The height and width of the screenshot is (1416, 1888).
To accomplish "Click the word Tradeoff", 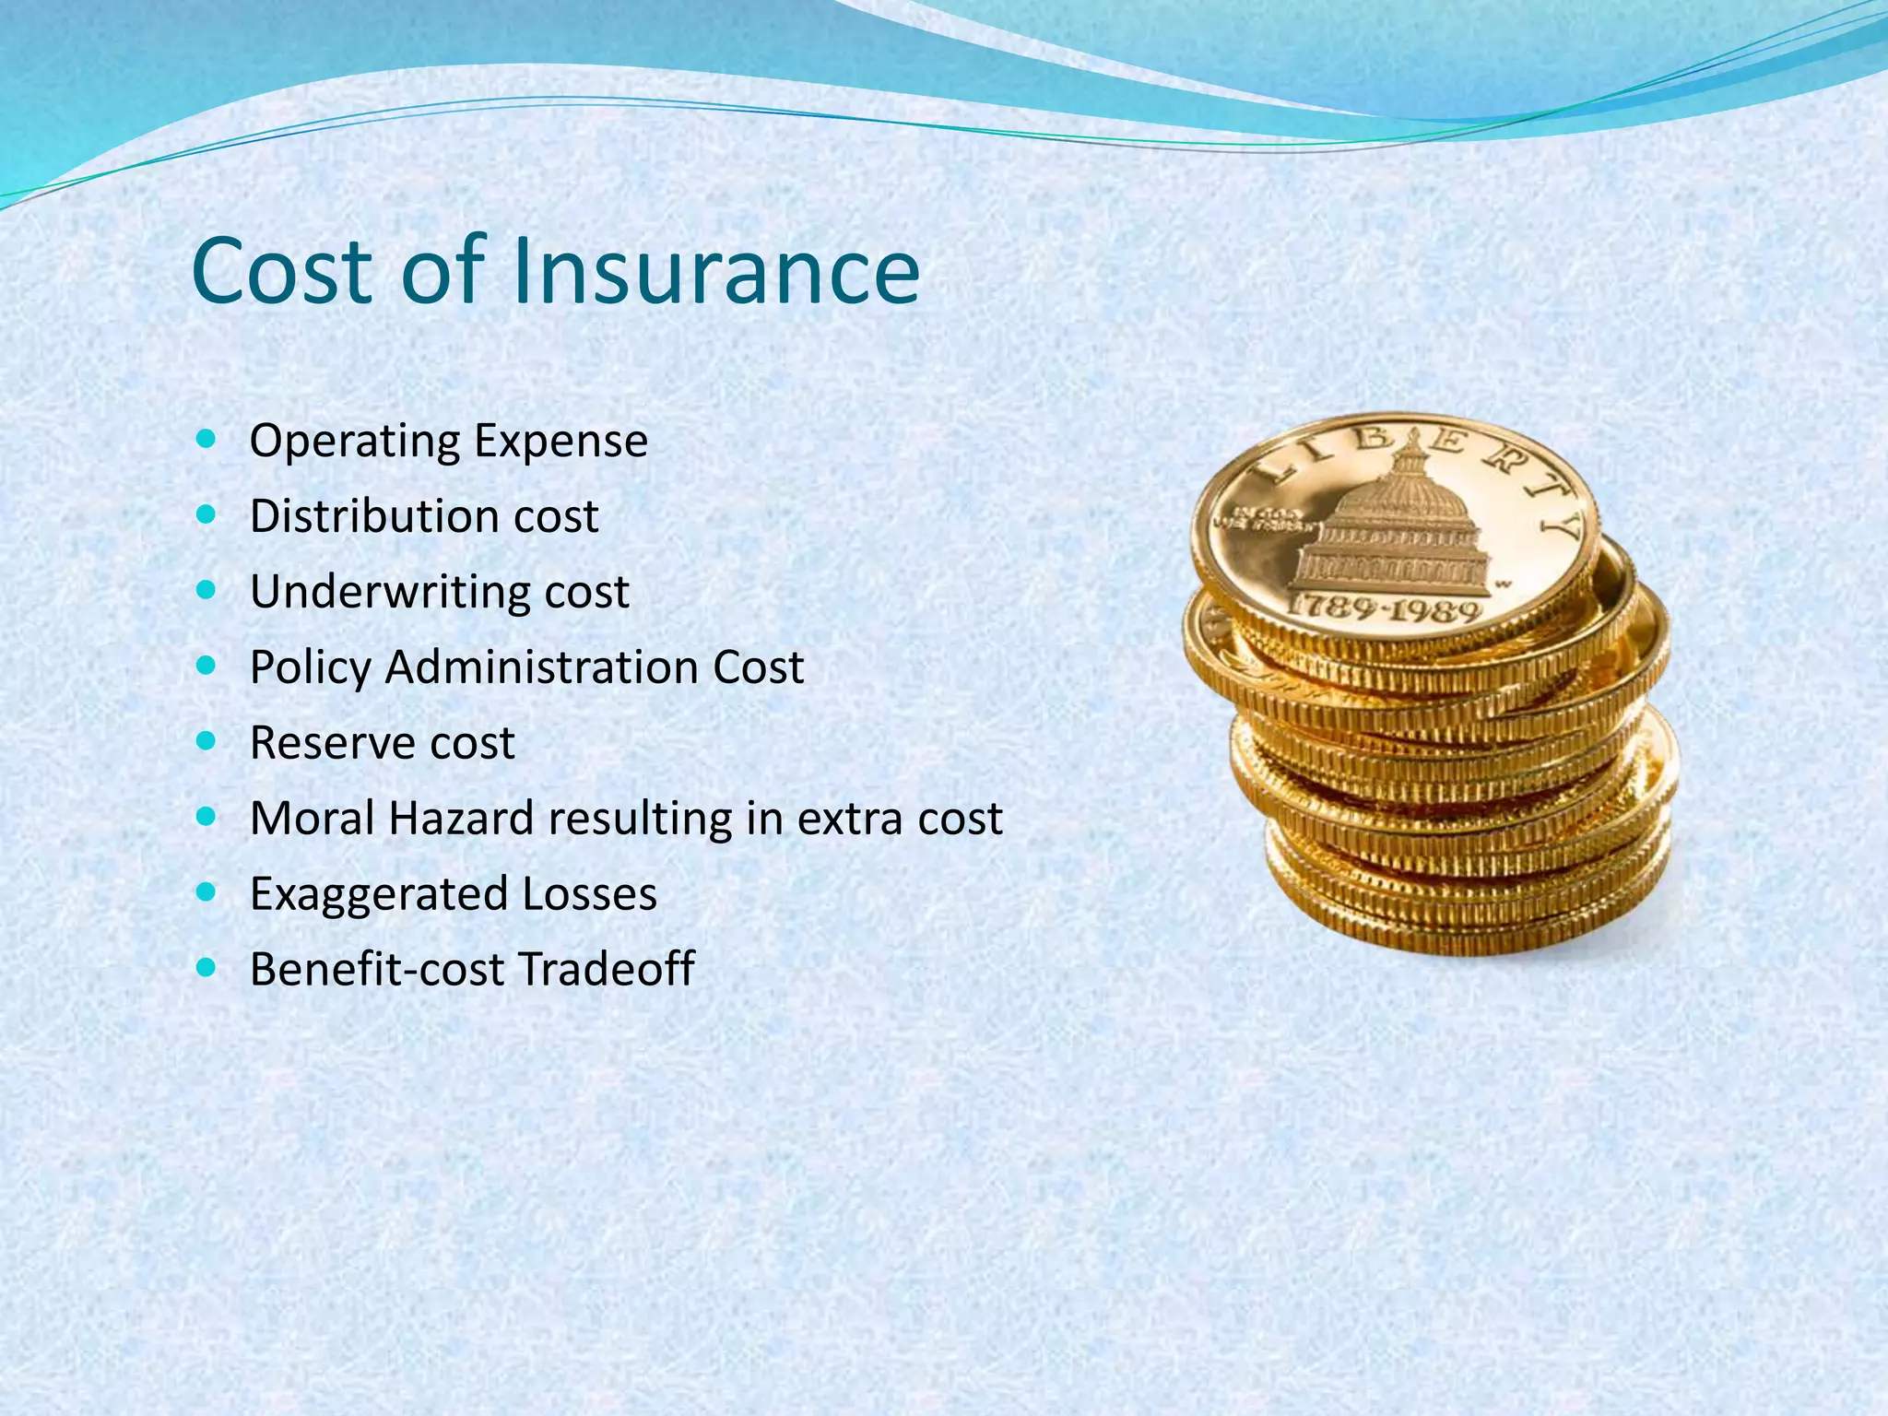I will pos(606,970).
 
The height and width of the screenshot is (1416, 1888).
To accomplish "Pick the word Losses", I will pos(590,894).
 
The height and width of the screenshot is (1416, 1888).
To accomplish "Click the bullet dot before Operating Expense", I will pos(206,438).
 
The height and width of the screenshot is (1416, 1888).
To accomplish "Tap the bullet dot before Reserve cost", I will pos(206,740).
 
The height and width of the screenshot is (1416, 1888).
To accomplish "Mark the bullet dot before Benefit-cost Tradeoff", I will pos(206,967).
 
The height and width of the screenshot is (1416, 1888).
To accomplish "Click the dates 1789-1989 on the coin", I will pos(1383,608).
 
